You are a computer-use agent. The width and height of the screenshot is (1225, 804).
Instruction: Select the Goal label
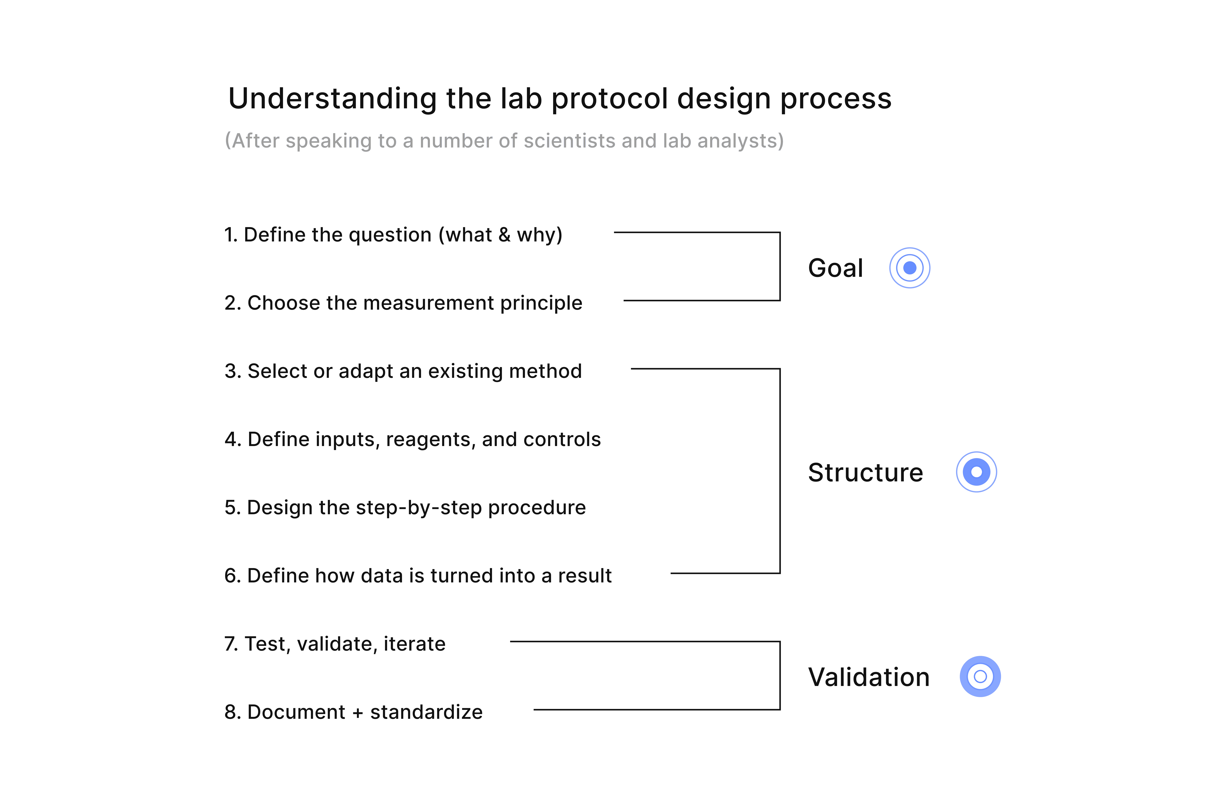[835, 268]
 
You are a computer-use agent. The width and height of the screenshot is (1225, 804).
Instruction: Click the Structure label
[865, 472]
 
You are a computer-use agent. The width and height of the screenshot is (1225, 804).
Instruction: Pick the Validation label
[868, 677]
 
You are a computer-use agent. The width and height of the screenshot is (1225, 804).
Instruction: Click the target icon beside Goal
[910, 268]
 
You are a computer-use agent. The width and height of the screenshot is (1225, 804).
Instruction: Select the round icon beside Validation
[980, 676]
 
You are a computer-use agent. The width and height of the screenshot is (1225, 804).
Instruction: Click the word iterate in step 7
[414, 644]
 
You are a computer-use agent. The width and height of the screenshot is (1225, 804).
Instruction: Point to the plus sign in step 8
[358, 712]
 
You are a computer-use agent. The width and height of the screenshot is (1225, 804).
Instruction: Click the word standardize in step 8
[426, 712]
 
